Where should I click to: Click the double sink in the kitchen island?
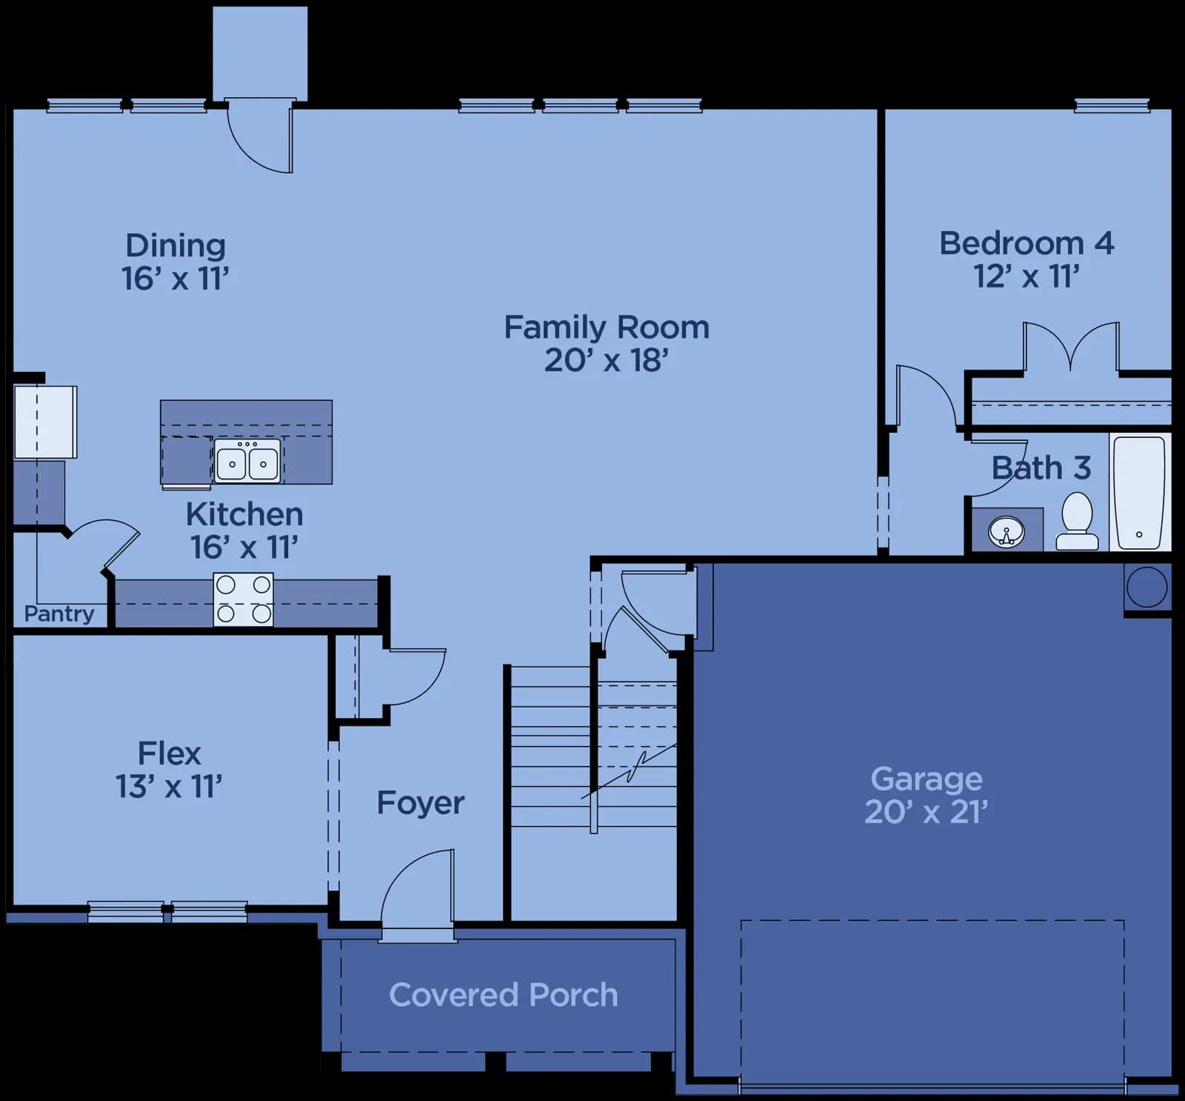(x=247, y=460)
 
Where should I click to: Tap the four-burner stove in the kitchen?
(x=244, y=599)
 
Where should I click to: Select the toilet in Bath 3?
(x=1077, y=521)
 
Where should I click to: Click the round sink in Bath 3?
(x=1007, y=531)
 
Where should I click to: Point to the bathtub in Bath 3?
(x=1140, y=492)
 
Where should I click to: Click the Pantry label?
(x=59, y=613)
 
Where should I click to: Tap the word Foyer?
(x=421, y=803)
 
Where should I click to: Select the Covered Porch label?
(x=504, y=994)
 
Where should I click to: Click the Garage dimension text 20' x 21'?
(x=927, y=812)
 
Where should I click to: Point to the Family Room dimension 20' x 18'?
(x=607, y=361)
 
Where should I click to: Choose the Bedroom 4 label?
(x=1027, y=243)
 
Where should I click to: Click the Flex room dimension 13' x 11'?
(x=169, y=786)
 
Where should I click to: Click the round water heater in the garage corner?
(x=1146, y=587)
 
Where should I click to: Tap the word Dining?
(x=176, y=246)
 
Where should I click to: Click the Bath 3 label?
(x=1041, y=468)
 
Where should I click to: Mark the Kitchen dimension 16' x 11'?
(x=244, y=548)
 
